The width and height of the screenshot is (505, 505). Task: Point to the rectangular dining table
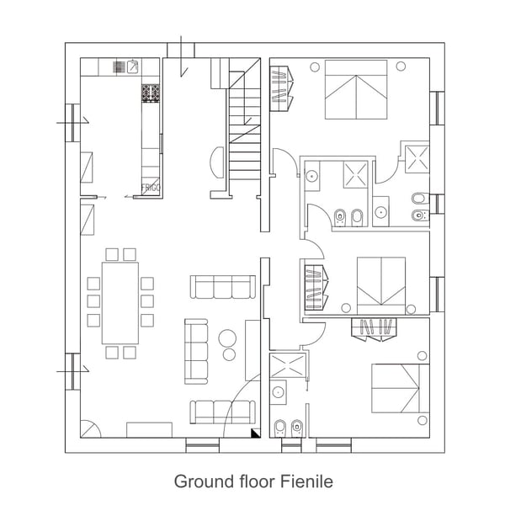pyautogui.click(x=120, y=301)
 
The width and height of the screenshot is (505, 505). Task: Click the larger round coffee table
pyautogui.click(x=228, y=338)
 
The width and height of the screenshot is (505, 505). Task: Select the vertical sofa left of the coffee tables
pyautogui.click(x=196, y=351)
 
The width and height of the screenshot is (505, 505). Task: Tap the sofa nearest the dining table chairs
pyautogui.click(x=222, y=287)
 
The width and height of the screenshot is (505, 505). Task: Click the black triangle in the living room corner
pyautogui.click(x=254, y=433)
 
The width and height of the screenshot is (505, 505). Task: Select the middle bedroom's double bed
pyautogui.click(x=381, y=285)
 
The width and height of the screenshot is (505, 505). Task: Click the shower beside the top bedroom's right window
pyautogui.click(x=416, y=157)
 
